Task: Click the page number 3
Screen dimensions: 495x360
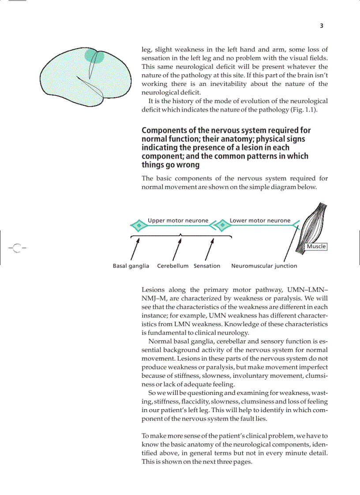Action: click(322, 26)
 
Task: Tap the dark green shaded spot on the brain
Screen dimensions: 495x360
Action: click(94, 56)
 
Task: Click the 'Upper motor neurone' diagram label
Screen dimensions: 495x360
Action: click(178, 220)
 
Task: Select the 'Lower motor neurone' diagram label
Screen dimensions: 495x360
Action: click(260, 220)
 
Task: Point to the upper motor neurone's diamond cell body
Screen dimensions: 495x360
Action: click(139, 226)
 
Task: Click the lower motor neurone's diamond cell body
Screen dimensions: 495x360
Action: click(223, 226)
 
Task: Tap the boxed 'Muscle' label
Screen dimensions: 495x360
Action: click(316, 246)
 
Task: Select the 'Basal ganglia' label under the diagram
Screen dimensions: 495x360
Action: click(131, 266)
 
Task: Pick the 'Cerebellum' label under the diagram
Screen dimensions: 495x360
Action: click(172, 266)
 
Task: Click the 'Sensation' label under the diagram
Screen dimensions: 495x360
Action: click(207, 266)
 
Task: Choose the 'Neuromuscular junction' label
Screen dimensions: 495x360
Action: click(264, 266)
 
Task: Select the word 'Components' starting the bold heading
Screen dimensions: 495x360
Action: click(163, 130)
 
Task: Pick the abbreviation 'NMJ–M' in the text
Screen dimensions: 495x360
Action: click(153, 298)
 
